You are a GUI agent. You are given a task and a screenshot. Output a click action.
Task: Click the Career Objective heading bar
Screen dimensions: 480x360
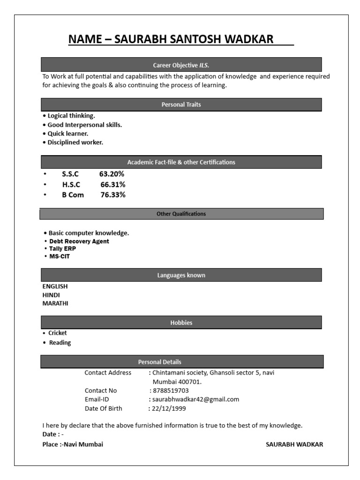coord(181,65)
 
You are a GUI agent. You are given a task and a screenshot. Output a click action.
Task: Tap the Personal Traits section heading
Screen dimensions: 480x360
coord(181,105)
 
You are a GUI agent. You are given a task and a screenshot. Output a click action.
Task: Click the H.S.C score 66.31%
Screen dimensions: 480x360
coord(113,184)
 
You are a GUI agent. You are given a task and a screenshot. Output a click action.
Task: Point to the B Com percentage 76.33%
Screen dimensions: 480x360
coord(113,195)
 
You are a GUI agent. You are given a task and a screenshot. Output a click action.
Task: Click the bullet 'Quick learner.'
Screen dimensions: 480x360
coord(67,134)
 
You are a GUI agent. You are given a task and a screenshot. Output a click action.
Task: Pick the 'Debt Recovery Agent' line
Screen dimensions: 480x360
coord(79,241)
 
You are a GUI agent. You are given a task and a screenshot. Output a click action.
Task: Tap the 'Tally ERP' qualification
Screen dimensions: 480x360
coord(62,249)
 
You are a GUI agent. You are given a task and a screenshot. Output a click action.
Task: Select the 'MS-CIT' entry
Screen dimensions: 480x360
coord(60,256)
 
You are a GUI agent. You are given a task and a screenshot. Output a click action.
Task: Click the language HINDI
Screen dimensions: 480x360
coord(51,295)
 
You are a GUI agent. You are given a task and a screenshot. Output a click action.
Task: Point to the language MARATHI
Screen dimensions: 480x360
coord(55,303)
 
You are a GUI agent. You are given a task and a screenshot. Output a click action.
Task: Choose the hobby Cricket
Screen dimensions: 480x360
coord(58,333)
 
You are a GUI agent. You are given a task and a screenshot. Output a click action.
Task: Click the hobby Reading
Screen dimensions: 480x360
coord(60,343)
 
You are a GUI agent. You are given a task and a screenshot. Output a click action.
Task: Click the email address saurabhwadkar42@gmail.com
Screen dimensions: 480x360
coord(195,399)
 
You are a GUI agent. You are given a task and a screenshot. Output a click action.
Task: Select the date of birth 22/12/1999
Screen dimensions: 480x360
coord(168,408)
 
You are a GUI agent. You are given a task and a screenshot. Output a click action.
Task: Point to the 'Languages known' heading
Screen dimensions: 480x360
coord(181,275)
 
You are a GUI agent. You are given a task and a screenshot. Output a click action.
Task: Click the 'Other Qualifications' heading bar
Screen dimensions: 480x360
coord(181,214)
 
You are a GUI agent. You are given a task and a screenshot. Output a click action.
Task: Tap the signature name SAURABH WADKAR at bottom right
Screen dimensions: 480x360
coord(294,444)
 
